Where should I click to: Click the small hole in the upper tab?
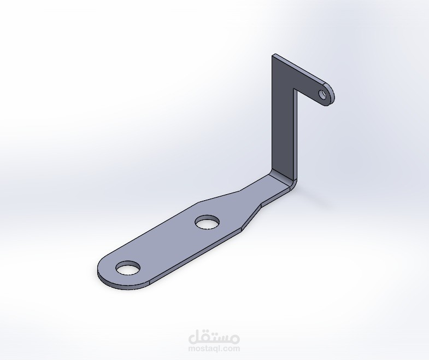(323, 95)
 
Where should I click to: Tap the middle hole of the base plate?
(208, 222)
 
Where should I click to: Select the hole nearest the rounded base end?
(128, 268)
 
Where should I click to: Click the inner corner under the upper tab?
(294, 89)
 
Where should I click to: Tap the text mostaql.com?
(214, 349)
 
